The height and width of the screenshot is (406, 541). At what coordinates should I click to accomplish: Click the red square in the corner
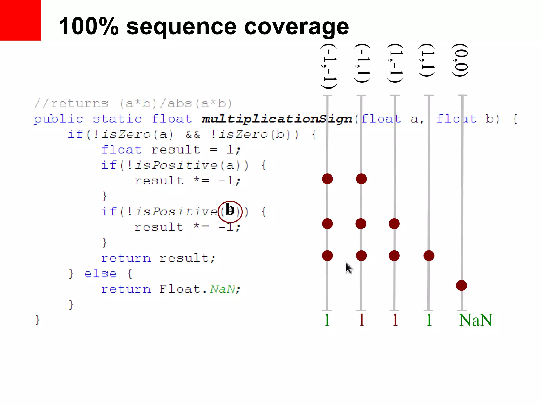click(20, 20)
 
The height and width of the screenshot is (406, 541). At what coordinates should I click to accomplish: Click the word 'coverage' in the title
click(296, 27)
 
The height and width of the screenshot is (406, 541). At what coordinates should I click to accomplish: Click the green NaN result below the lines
click(475, 320)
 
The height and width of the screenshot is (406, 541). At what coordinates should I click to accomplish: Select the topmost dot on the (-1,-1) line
click(327, 179)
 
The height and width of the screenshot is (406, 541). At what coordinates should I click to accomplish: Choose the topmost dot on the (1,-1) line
click(394, 224)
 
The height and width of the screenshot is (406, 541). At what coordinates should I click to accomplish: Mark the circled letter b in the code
click(230, 211)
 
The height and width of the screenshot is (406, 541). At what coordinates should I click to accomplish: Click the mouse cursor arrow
click(349, 267)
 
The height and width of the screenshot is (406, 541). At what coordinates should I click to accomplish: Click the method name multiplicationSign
click(277, 119)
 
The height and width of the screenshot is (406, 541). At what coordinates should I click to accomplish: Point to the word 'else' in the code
click(100, 274)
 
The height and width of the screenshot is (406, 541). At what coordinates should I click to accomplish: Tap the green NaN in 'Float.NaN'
click(222, 289)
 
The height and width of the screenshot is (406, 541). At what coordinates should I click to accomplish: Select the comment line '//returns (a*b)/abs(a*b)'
click(133, 104)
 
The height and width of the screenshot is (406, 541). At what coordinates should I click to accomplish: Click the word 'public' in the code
click(58, 119)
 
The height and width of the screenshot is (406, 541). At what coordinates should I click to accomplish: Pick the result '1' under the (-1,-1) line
click(327, 320)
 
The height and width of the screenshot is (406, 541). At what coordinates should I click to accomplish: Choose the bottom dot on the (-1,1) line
click(361, 256)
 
